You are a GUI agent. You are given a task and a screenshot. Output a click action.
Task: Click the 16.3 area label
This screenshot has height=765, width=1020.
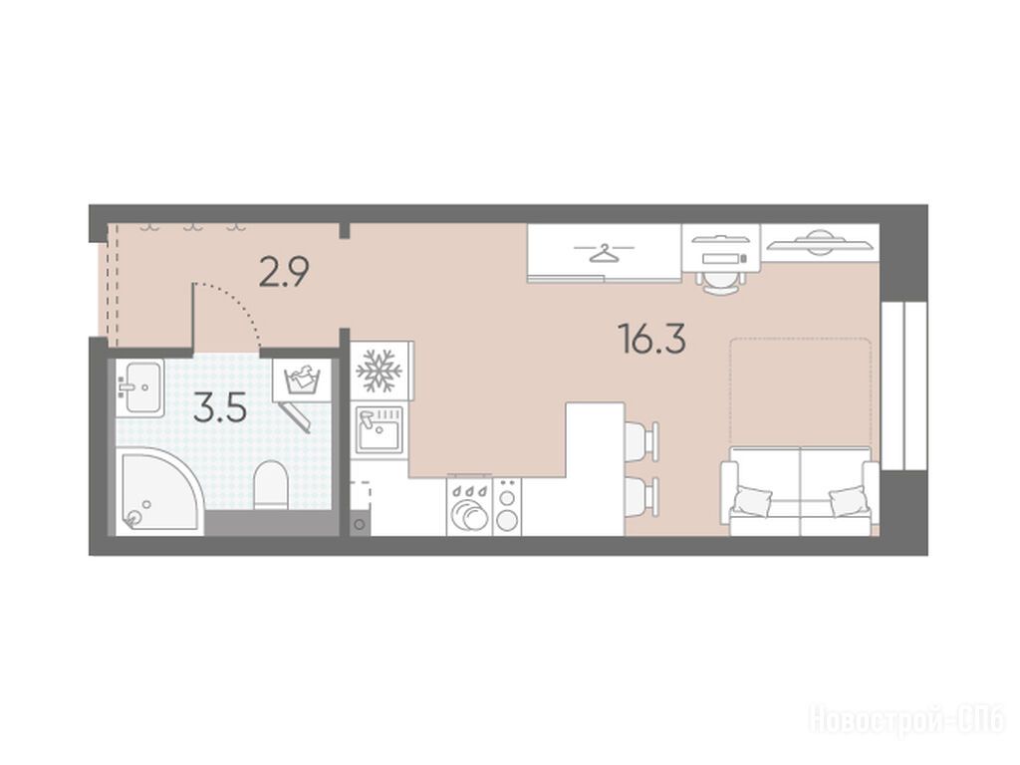[x=653, y=340]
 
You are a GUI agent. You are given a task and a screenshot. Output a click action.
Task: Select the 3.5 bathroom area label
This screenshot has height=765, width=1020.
[x=220, y=409]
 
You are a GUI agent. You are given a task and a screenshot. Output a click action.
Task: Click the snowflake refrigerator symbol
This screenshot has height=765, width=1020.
[x=379, y=371]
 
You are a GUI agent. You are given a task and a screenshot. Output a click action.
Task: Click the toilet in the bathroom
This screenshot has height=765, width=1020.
[x=270, y=486]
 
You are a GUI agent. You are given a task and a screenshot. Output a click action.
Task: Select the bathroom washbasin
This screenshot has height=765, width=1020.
[x=139, y=388]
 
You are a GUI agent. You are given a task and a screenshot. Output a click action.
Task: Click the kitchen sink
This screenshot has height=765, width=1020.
[x=379, y=428]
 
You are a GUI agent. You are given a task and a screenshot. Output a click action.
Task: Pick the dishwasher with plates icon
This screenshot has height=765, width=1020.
[x=470, y=507]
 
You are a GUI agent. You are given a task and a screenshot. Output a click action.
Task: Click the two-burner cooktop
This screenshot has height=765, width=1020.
[x=507, y=507]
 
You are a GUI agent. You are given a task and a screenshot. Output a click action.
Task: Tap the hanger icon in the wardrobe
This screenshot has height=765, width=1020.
[x=605, y=252]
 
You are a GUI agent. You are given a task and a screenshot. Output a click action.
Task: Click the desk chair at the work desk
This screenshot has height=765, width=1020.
[x=721, y=280]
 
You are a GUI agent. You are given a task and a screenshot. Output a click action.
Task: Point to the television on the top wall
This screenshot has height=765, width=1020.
[x=819, y=242]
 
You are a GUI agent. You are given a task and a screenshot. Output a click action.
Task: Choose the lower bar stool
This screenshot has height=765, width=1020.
[x=641, y=498]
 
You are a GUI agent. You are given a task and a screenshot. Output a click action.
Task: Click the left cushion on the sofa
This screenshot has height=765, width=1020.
[x=753, y=501]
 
